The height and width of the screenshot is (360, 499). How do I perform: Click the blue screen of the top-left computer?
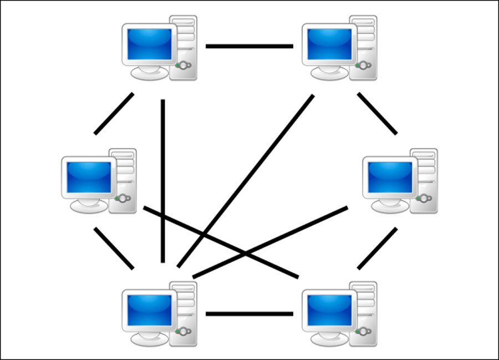pyautogui.click(x=149, y=43)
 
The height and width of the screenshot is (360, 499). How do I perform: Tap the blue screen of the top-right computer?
pyautogui.click(x=329, y=43)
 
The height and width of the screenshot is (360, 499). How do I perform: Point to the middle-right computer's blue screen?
pyautogui.click(x=390, y=176)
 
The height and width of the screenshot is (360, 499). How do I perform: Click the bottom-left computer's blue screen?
pyautogui.click(x=149, y=310)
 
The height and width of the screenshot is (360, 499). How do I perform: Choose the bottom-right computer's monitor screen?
pyautogui.click(x=329, y=310)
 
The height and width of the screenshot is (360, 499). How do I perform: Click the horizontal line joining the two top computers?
pyautogui.click(x=249, y=46)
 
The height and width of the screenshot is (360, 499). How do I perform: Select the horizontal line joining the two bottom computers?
pyautogui.click(x=249, y=314)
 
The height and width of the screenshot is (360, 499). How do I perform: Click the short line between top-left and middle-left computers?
pyautogui.click(x=114, y=114)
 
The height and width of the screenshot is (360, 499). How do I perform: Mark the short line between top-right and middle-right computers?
pyautogui.click(x=378, y=114)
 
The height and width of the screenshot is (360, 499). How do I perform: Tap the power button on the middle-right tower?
pyautogui.click(x=425, y=199)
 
